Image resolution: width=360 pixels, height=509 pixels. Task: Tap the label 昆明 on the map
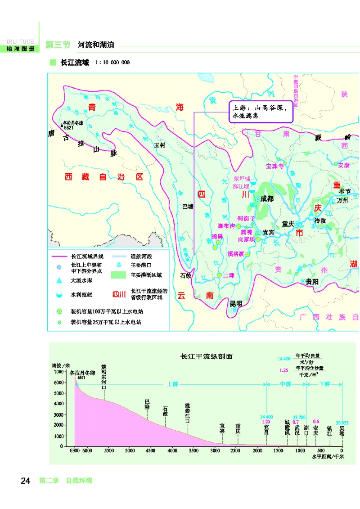click(236, 303)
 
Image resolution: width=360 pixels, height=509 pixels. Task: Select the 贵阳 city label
click(312, 281)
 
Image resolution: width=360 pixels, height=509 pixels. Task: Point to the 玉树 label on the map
click(160, 145)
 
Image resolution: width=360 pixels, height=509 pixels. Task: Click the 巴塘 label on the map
click(187, 207)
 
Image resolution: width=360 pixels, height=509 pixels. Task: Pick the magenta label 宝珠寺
click(275, 166)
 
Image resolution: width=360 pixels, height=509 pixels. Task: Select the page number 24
click(25, 481)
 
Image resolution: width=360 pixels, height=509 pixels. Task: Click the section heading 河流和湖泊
click(96, 45)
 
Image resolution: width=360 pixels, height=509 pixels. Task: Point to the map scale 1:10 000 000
click(112, 63)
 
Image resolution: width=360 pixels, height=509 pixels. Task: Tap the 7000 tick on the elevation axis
click(59, 372)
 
